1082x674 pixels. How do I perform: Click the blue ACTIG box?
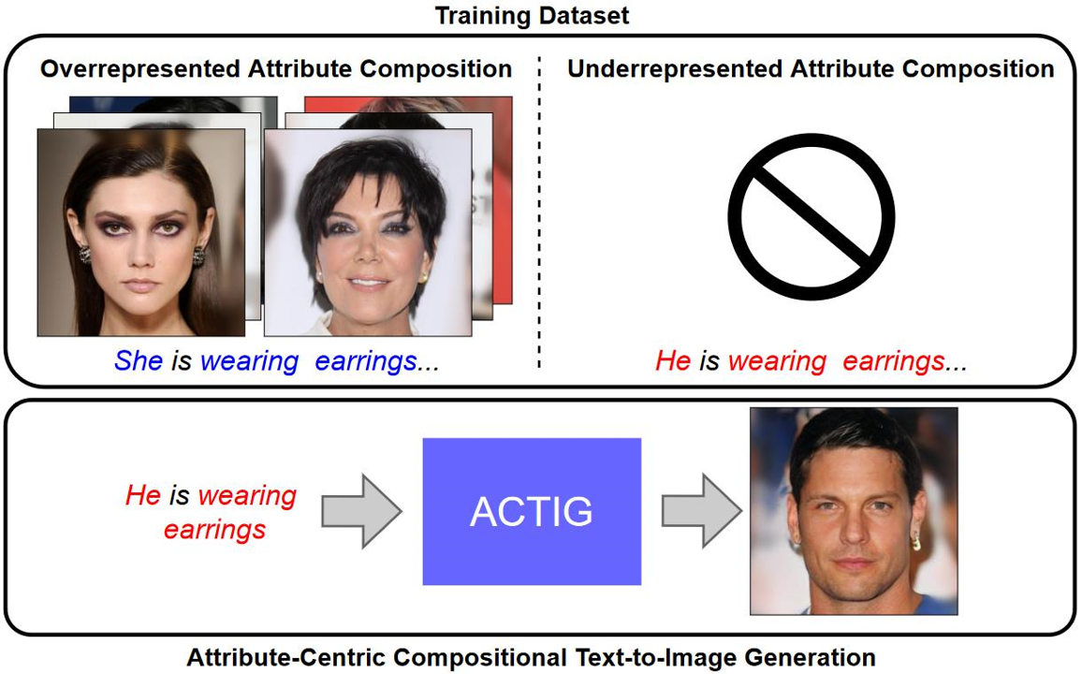click(532, 511)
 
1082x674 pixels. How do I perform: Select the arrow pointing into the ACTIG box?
click(361, 511)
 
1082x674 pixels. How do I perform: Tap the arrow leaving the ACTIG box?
click(702, 511)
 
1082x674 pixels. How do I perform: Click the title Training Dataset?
click(532, 15)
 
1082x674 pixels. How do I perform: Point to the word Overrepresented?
click(140, 69)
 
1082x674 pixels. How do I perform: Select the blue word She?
click(139, 360)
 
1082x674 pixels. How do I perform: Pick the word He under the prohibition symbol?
click(674, 360)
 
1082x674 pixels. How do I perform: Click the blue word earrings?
click(366, 361)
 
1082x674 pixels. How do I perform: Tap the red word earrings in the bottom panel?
click(214, 530)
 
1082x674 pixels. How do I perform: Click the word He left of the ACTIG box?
click(143, 495)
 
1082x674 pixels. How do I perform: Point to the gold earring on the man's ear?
click(916, 541)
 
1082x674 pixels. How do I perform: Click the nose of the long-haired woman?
click(140, 255)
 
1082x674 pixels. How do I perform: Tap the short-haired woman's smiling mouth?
click(368, 282)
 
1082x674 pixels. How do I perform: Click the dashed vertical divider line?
click(539, 212)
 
